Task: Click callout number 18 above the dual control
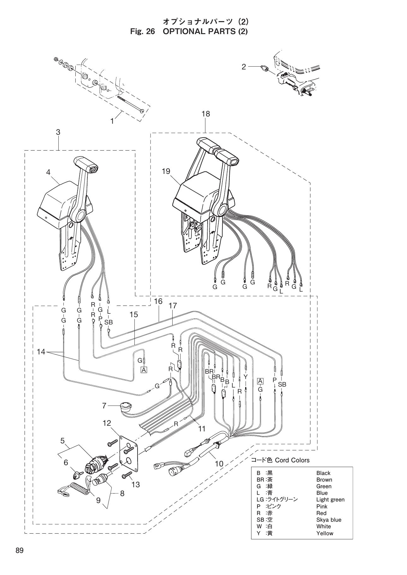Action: click(x=205, y=114)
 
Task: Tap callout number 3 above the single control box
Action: click(x=58, y=132)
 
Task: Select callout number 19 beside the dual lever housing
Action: click(x=166, y=171)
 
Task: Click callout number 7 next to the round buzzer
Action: click(x=104, y=406)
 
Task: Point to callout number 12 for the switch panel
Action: click(x=107, y=423)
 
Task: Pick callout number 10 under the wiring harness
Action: click(x=219, y=464)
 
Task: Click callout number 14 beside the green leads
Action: click(x=41, y=352)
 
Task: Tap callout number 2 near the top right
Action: click(x=244, y=67)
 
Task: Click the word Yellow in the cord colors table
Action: click(x=325, y=533)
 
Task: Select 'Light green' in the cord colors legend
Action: click(x=330, y=500)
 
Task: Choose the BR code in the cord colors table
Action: click(x=260, y=480)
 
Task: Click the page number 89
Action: click(x=19, y=551)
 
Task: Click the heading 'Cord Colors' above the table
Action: click(x=292, y=460)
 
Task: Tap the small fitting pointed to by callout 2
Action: click(x=264, y=68)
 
